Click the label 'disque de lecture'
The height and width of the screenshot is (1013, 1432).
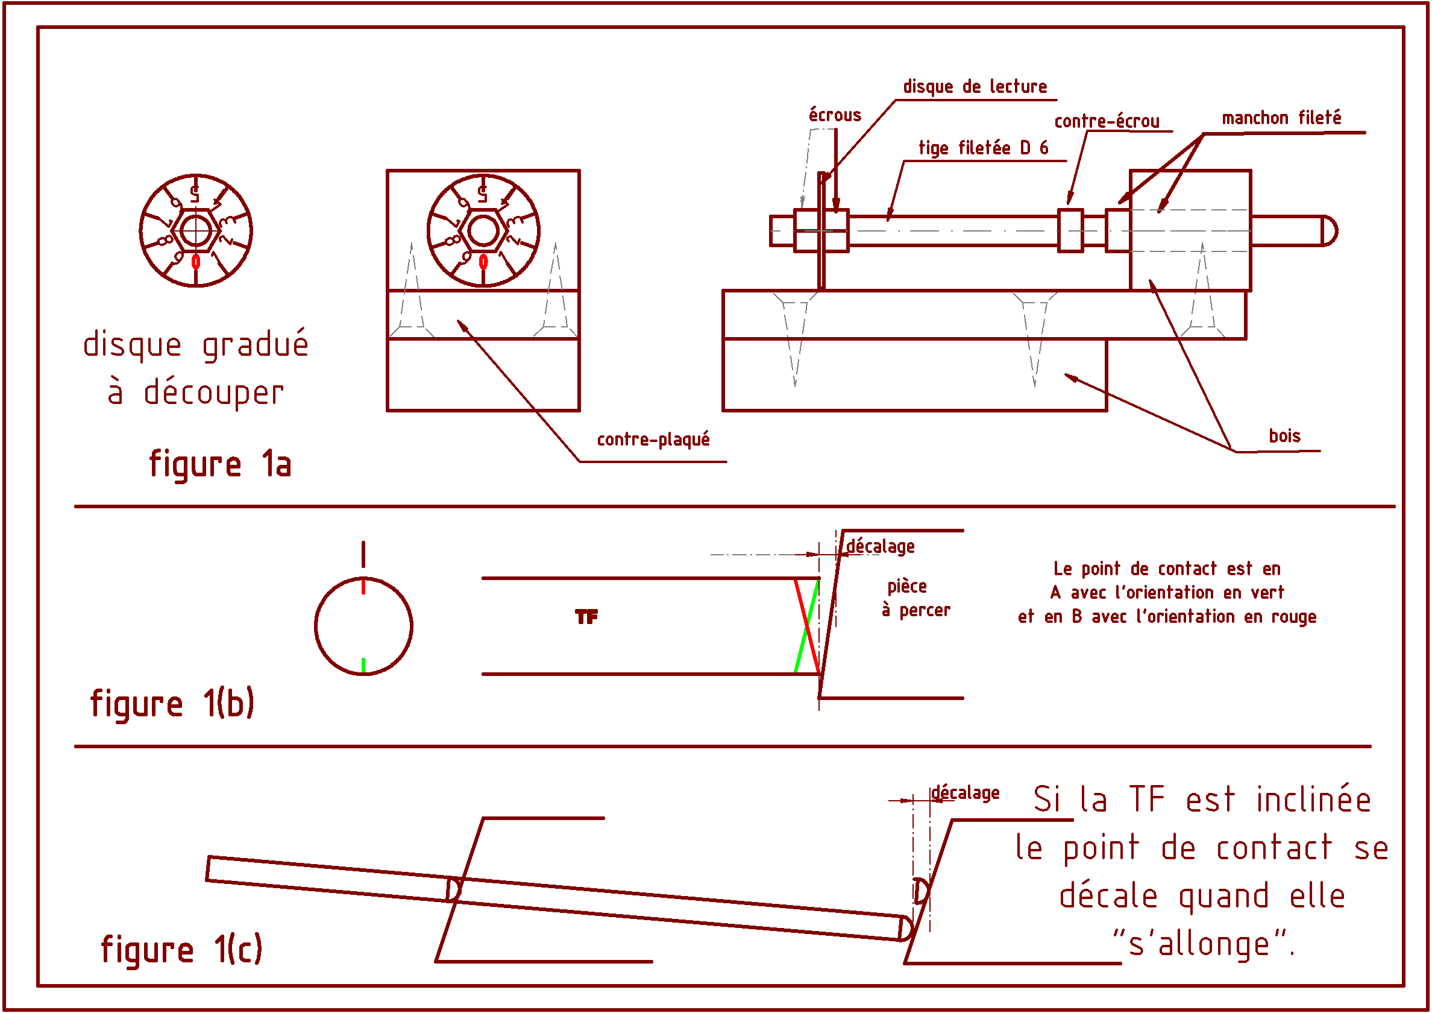[975, 87]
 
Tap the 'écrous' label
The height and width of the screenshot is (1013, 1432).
[835, 115]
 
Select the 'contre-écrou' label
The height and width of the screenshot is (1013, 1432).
[1107, 121]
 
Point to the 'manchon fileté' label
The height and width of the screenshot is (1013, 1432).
[1281, 118]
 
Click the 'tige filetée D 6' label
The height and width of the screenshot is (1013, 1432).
[983, 148]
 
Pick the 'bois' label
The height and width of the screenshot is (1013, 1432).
[1284, 436]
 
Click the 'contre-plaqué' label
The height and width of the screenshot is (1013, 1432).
[653, 440]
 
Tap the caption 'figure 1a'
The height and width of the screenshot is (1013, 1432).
[220, 464]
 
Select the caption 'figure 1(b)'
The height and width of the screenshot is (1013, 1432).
[172, 704]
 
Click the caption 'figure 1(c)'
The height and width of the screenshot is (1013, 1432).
[181, 949]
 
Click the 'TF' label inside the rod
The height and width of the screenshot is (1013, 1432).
[586, 617]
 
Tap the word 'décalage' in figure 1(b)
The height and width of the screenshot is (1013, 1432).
[880, 547]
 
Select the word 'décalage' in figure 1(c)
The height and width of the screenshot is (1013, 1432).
[966, 794]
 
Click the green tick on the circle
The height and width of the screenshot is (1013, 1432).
[363, 666]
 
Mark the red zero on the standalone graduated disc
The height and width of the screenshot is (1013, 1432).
[196, 262]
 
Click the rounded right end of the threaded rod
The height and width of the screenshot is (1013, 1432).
[1329, 231]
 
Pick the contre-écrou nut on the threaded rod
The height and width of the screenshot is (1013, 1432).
[1070, 230]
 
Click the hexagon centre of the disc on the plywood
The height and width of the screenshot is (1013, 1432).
[483, 231]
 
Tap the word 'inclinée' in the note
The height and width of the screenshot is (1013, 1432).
[1313, 800]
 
